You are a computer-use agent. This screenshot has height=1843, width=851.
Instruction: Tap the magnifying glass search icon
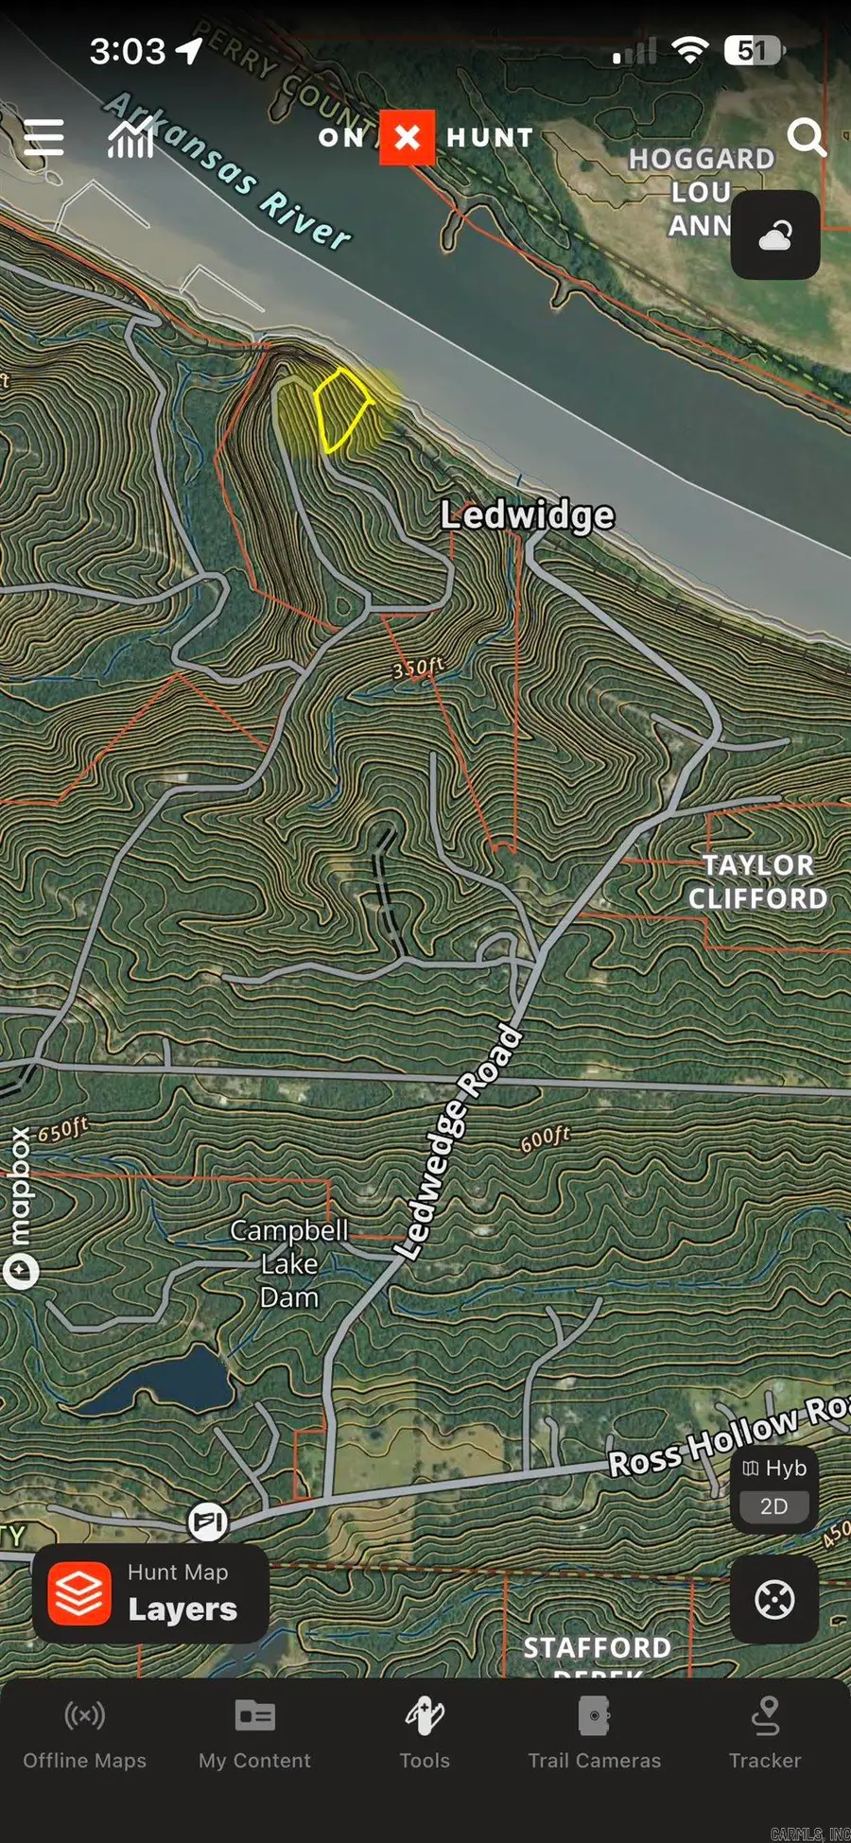point(807,137)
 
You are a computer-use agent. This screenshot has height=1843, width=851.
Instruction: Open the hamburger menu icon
point(43,138)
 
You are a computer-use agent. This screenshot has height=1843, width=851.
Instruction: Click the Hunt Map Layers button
point(151,1593)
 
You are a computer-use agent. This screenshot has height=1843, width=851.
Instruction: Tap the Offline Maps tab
point(85,1734)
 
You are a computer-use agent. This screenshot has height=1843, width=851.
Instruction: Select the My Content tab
point(254,1734)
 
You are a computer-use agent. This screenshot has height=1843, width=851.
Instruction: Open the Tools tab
point(425,1734)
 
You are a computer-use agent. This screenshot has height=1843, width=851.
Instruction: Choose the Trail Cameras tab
point(595,1734)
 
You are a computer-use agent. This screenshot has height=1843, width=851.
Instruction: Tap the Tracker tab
point(765,1734)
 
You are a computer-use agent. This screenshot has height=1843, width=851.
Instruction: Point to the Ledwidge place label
point(528,515)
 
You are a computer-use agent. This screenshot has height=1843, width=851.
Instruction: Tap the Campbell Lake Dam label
point(289,1263)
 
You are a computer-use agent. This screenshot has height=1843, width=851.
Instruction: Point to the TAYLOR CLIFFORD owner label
point(757,881)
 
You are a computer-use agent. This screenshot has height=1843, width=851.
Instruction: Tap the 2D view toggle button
point(774,1506)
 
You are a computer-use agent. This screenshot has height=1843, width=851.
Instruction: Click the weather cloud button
point(775,235)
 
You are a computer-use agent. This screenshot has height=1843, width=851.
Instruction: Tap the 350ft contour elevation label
point(417,668)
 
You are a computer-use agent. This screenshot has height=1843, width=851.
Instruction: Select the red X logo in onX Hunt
point(408,137)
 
